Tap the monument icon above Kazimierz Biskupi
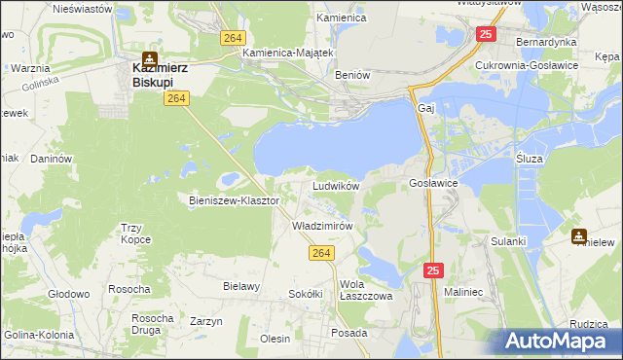click(x=150, y=57)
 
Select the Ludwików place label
click(x=336, y=185)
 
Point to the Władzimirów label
click(x=321, y=225)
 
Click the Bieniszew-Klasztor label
click(x=234, y=200)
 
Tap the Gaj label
click(x=424, y=108)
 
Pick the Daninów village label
click(x=52, y=158)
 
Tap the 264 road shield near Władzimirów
click(x=324, y=253)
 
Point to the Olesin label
click(x=275, y=339)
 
